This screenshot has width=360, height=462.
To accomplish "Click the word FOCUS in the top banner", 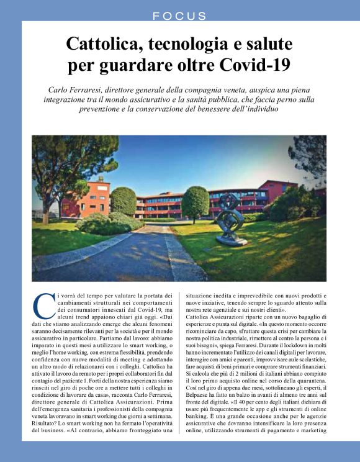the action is [180, 16].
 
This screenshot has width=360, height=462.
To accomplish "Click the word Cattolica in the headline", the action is [102, 45].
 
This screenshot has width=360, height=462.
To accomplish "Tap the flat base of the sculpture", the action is [232, 240].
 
